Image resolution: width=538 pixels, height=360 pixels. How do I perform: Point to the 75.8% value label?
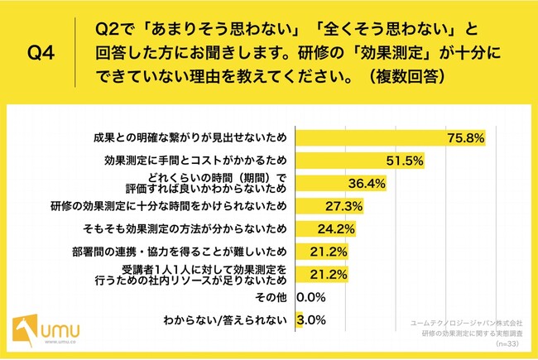tap(464, 137)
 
